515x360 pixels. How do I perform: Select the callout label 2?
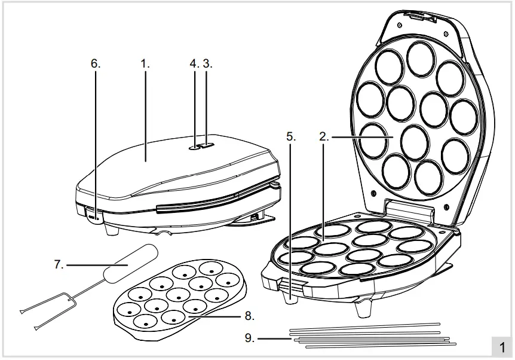[x=323, y=136]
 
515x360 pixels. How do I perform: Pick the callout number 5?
[x=290, y=136]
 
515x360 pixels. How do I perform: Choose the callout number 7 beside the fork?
[x=59, y=263]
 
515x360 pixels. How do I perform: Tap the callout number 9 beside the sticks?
[x=249, y=338]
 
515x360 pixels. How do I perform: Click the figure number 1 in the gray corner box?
[x=502, y=347]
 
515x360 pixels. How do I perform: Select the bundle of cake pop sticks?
[x=370, y=337]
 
